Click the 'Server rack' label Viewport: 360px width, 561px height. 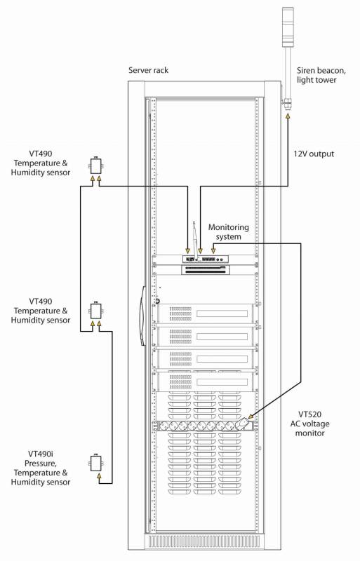point(148,70)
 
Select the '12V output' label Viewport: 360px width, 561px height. point(314,154)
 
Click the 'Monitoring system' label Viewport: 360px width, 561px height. point(229,232)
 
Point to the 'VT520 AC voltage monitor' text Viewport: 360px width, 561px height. point(310,424)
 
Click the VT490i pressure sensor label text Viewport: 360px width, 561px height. point(41,468)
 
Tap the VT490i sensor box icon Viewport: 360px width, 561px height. point(95,463)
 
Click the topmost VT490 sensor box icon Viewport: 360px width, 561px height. point(95,165)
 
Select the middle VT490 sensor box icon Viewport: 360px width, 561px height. point(95,311)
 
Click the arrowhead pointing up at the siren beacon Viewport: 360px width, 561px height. point(288,116)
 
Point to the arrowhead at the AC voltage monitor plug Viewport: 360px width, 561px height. point(251,417)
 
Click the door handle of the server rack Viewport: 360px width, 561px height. point(142,316)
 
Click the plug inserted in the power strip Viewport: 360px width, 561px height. point(242,424)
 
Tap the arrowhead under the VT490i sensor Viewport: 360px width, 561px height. point(99,475)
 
